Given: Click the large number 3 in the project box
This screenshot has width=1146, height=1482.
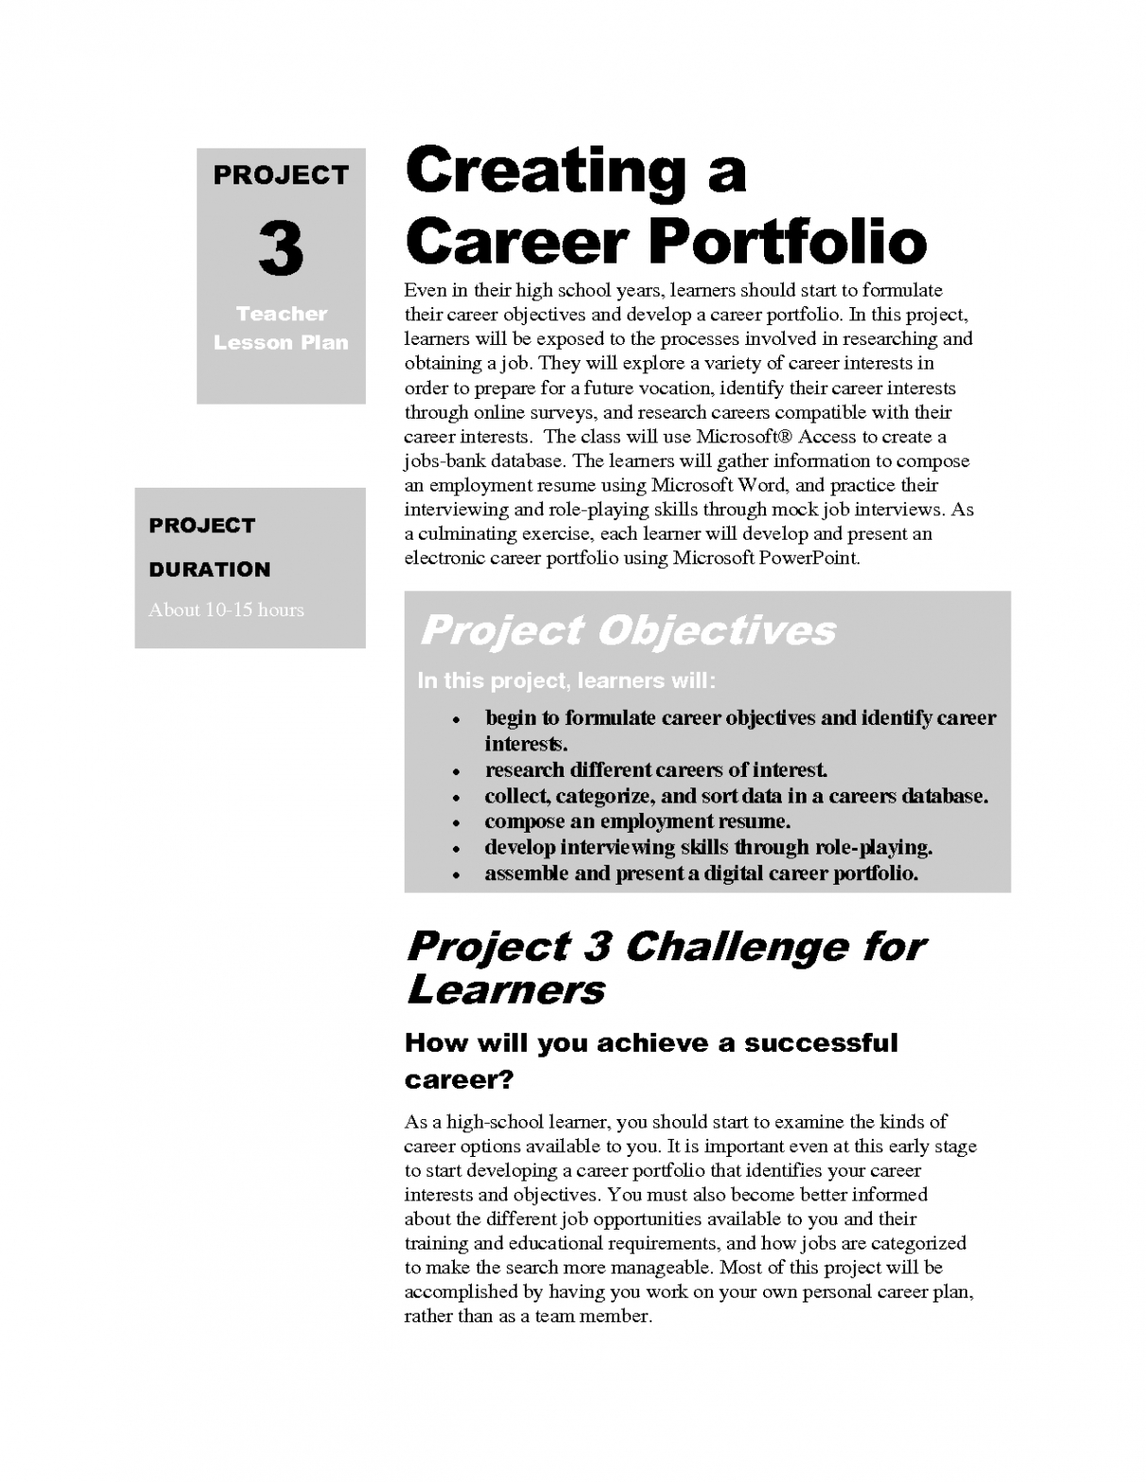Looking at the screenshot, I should tap(281, 249).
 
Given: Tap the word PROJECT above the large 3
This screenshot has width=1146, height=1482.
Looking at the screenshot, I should tap(281, 175).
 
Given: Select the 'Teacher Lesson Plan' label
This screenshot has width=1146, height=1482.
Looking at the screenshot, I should tap(281, 328).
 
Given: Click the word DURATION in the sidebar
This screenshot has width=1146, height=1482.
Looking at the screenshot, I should tap(209, 569).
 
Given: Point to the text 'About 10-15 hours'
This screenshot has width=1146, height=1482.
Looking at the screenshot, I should tap(226, 610).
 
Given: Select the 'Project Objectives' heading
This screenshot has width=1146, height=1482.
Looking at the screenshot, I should tap(627, 630).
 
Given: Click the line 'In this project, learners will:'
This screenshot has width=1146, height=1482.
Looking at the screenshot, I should tap(566, 681).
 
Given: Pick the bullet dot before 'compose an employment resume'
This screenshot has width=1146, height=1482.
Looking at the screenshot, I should tap(456, 823).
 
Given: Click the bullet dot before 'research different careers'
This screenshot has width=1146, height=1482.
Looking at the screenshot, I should tap(456, 771).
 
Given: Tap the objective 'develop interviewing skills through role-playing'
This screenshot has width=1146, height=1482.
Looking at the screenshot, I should tap(708, 847).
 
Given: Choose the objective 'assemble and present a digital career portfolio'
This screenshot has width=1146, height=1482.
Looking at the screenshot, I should tap(701, 873).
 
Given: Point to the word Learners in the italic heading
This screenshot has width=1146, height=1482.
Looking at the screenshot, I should tap(505, 991).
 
